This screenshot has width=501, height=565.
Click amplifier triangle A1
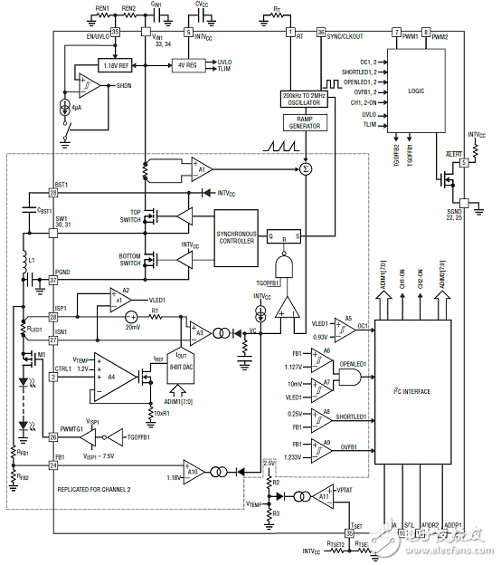pyautogui.click(x=202, y=168)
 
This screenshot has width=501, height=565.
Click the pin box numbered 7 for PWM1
pyautogui.click(x=396, y=33)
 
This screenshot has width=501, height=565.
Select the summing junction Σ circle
pyautogui.click(x=306, y=168)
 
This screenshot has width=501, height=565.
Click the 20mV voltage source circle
pyautogui.click(x=131, y=316)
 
